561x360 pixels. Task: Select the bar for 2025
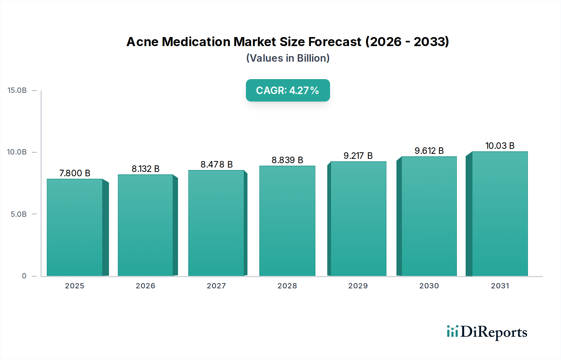(75, 227)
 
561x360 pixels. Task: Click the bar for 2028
(287, 221)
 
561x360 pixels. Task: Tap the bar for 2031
(500, 214)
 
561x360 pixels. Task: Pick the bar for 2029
(358, 219)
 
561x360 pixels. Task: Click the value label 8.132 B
(146, 169)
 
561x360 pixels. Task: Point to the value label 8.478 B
(217, 164)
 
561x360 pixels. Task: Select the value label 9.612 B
(429, 151)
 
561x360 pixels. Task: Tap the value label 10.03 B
(500, 146)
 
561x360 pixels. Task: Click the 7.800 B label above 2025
(75, 173)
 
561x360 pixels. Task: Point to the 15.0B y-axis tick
(17, 90)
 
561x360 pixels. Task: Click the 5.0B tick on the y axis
(18, 214)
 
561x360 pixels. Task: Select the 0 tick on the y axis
(24, 276)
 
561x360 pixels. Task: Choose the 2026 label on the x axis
(145, 286)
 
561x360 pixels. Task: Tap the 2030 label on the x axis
(429, 286)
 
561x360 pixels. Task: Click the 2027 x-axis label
(216, 286)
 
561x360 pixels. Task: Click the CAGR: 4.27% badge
(288, 90)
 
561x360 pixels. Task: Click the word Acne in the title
(142, 42)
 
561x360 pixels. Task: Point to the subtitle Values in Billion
(288, 58)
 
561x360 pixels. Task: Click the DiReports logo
(487, 332)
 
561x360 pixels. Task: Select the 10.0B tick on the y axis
(17, 152)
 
